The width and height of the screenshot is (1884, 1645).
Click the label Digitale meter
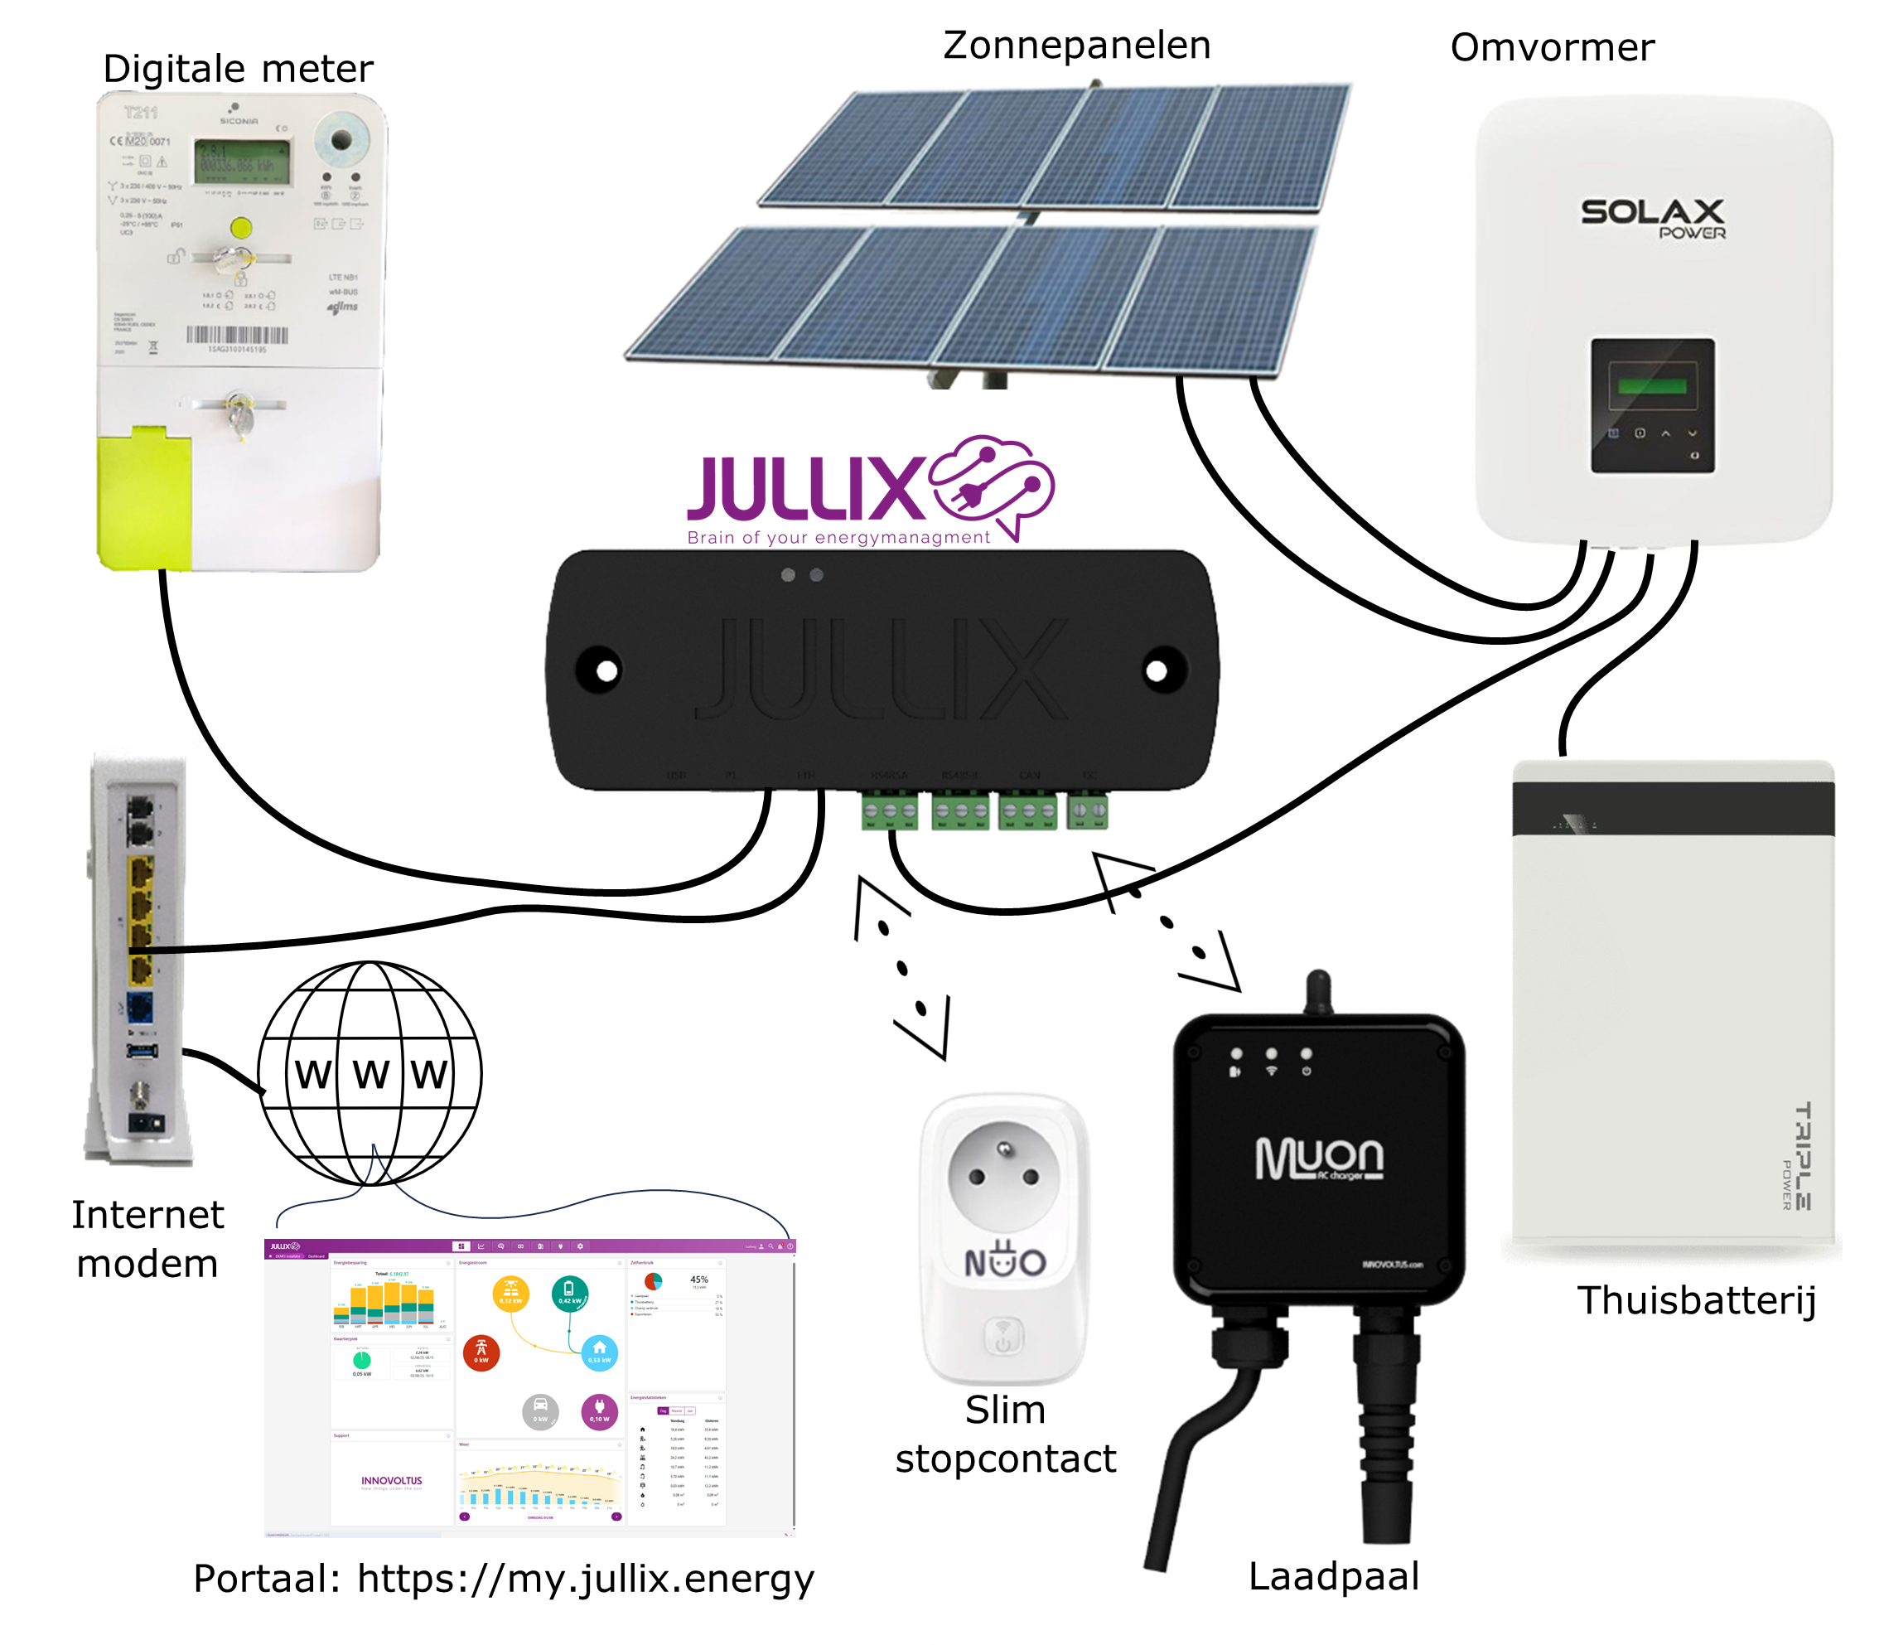[238, 69]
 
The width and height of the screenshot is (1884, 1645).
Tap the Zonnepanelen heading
[1076, 46]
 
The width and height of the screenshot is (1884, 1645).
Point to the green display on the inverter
[1652, 385]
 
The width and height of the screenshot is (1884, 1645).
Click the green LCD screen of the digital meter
[241, 161]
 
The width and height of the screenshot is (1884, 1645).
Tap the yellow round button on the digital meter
[240, 228]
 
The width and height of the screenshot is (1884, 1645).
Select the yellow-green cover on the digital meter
[144, 498]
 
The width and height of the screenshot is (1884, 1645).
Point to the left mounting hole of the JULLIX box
[606, 671]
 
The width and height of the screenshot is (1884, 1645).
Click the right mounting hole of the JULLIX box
[1157, 671]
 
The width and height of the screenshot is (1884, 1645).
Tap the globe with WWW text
[370, 1073]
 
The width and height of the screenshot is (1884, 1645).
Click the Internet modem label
[147, 1238]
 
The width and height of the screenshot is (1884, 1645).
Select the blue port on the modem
[140, 1007]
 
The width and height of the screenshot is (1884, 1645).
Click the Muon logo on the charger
[1319, 1159]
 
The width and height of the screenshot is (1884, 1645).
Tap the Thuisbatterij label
[1696, 1300]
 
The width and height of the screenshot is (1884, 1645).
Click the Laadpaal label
[1333, 1575]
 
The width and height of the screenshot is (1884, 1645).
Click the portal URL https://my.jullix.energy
[585, 1578]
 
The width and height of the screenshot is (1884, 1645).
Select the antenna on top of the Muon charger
[1318, 991]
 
